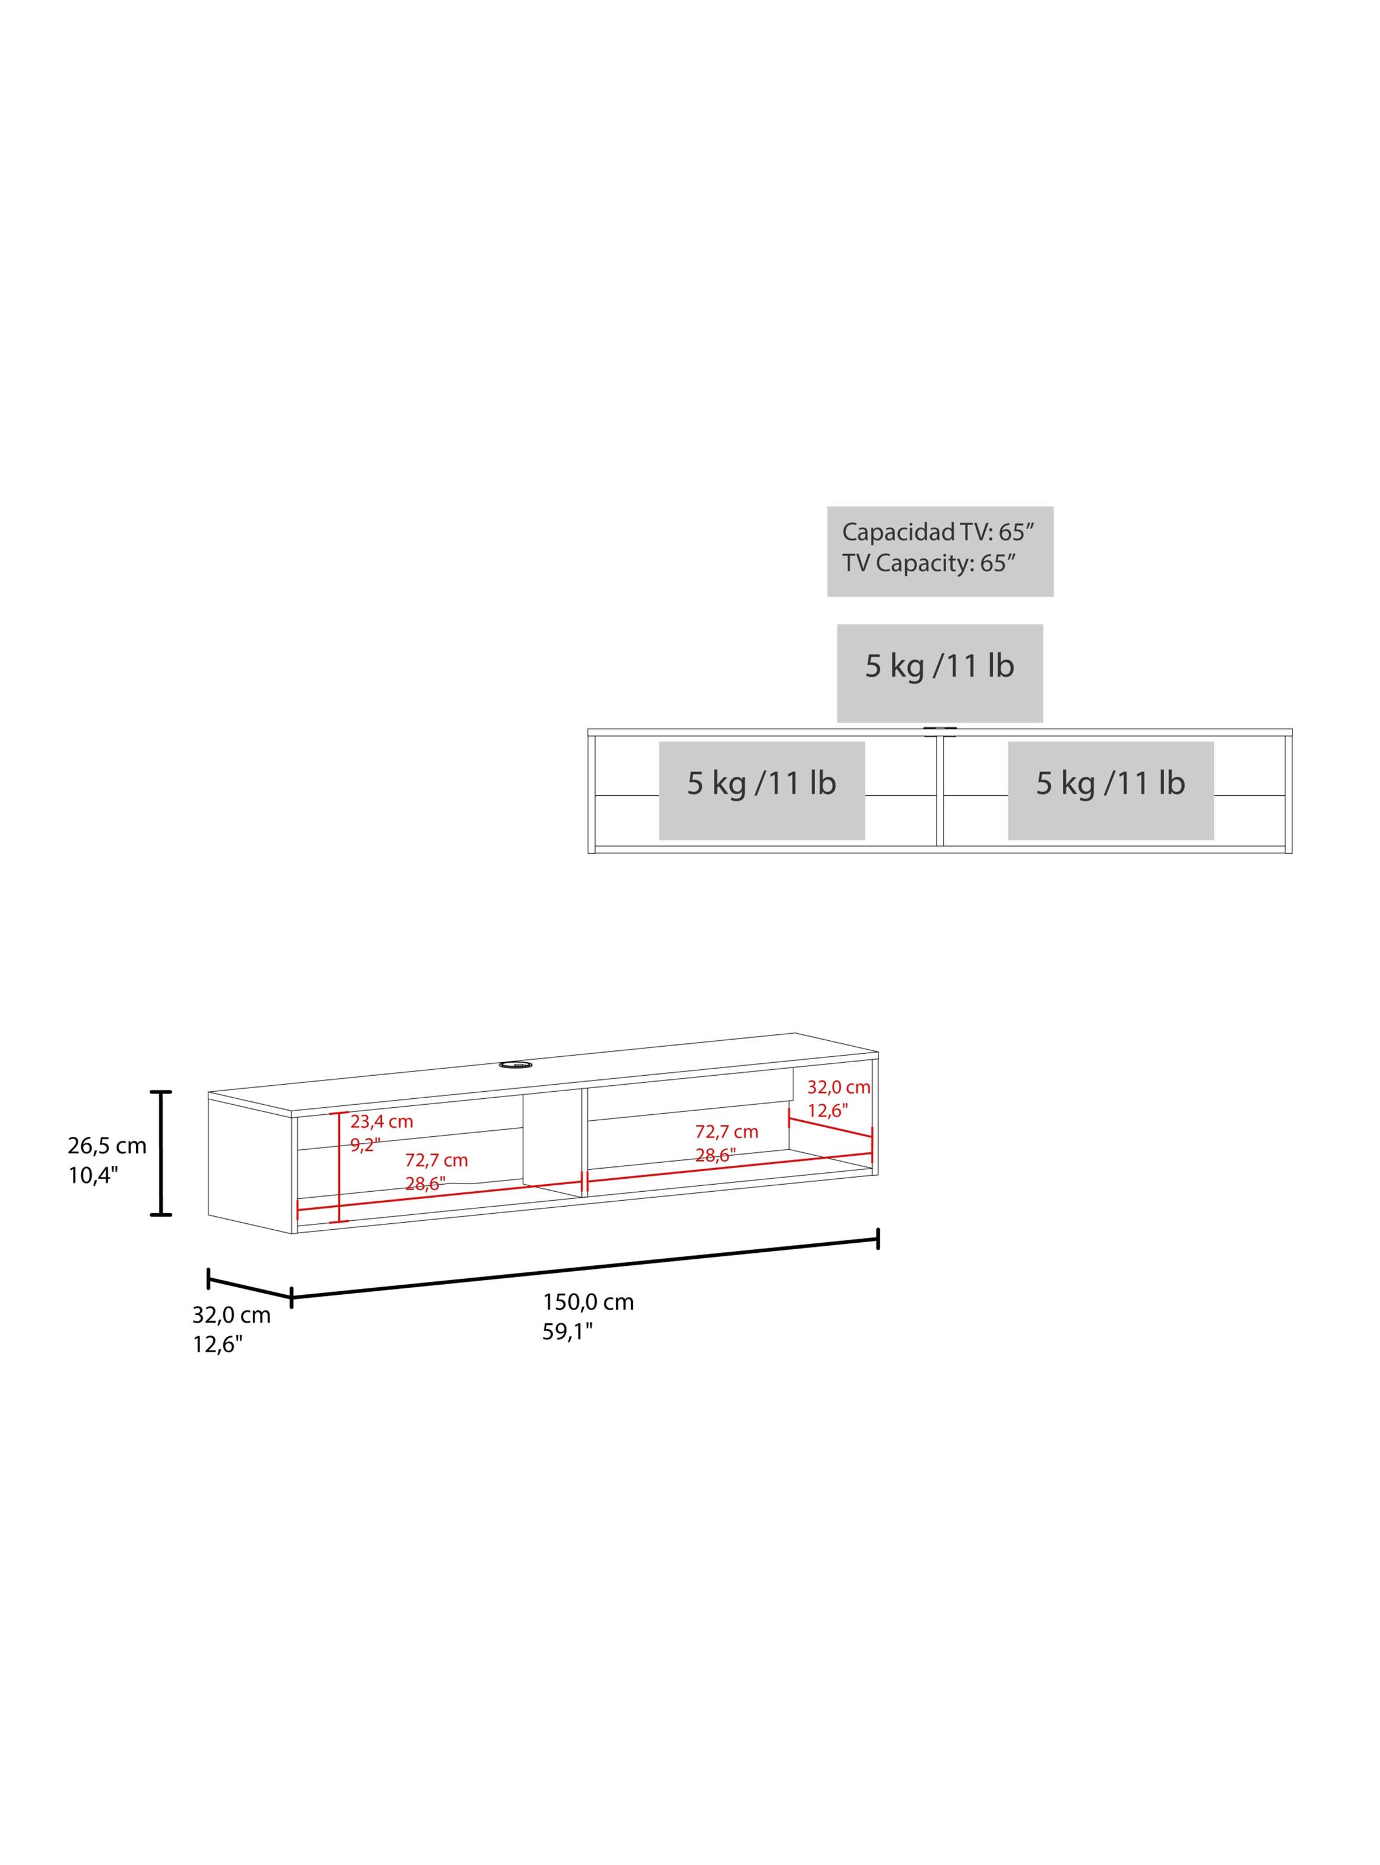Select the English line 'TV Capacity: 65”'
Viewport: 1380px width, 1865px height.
pyautogui.click(x=929, y=563)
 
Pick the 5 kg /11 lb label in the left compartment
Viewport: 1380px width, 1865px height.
pyautogui.click(x=762, y=783)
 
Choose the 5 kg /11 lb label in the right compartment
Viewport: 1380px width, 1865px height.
pyautogui.click(x=1111, y=783)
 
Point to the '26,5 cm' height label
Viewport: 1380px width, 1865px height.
pyautogui.click(x=107, y=1146)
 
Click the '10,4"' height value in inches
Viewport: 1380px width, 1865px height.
pyautogui.click(x=94, y=1176)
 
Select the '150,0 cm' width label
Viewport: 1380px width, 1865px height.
pyautogui.click(x=588, y=1302)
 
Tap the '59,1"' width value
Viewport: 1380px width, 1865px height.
pyautogui.click(x=567, y=1332)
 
